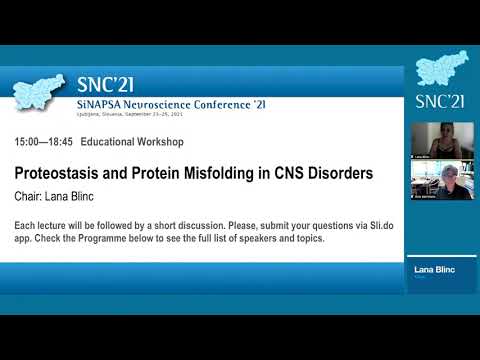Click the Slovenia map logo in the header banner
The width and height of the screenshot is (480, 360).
(39, 92)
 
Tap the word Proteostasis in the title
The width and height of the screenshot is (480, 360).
(66, 173)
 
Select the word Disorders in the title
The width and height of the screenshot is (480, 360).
(335, 173)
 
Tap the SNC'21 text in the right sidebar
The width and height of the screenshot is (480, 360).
(441, 101)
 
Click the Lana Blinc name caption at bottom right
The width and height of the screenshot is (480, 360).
(434, 271)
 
